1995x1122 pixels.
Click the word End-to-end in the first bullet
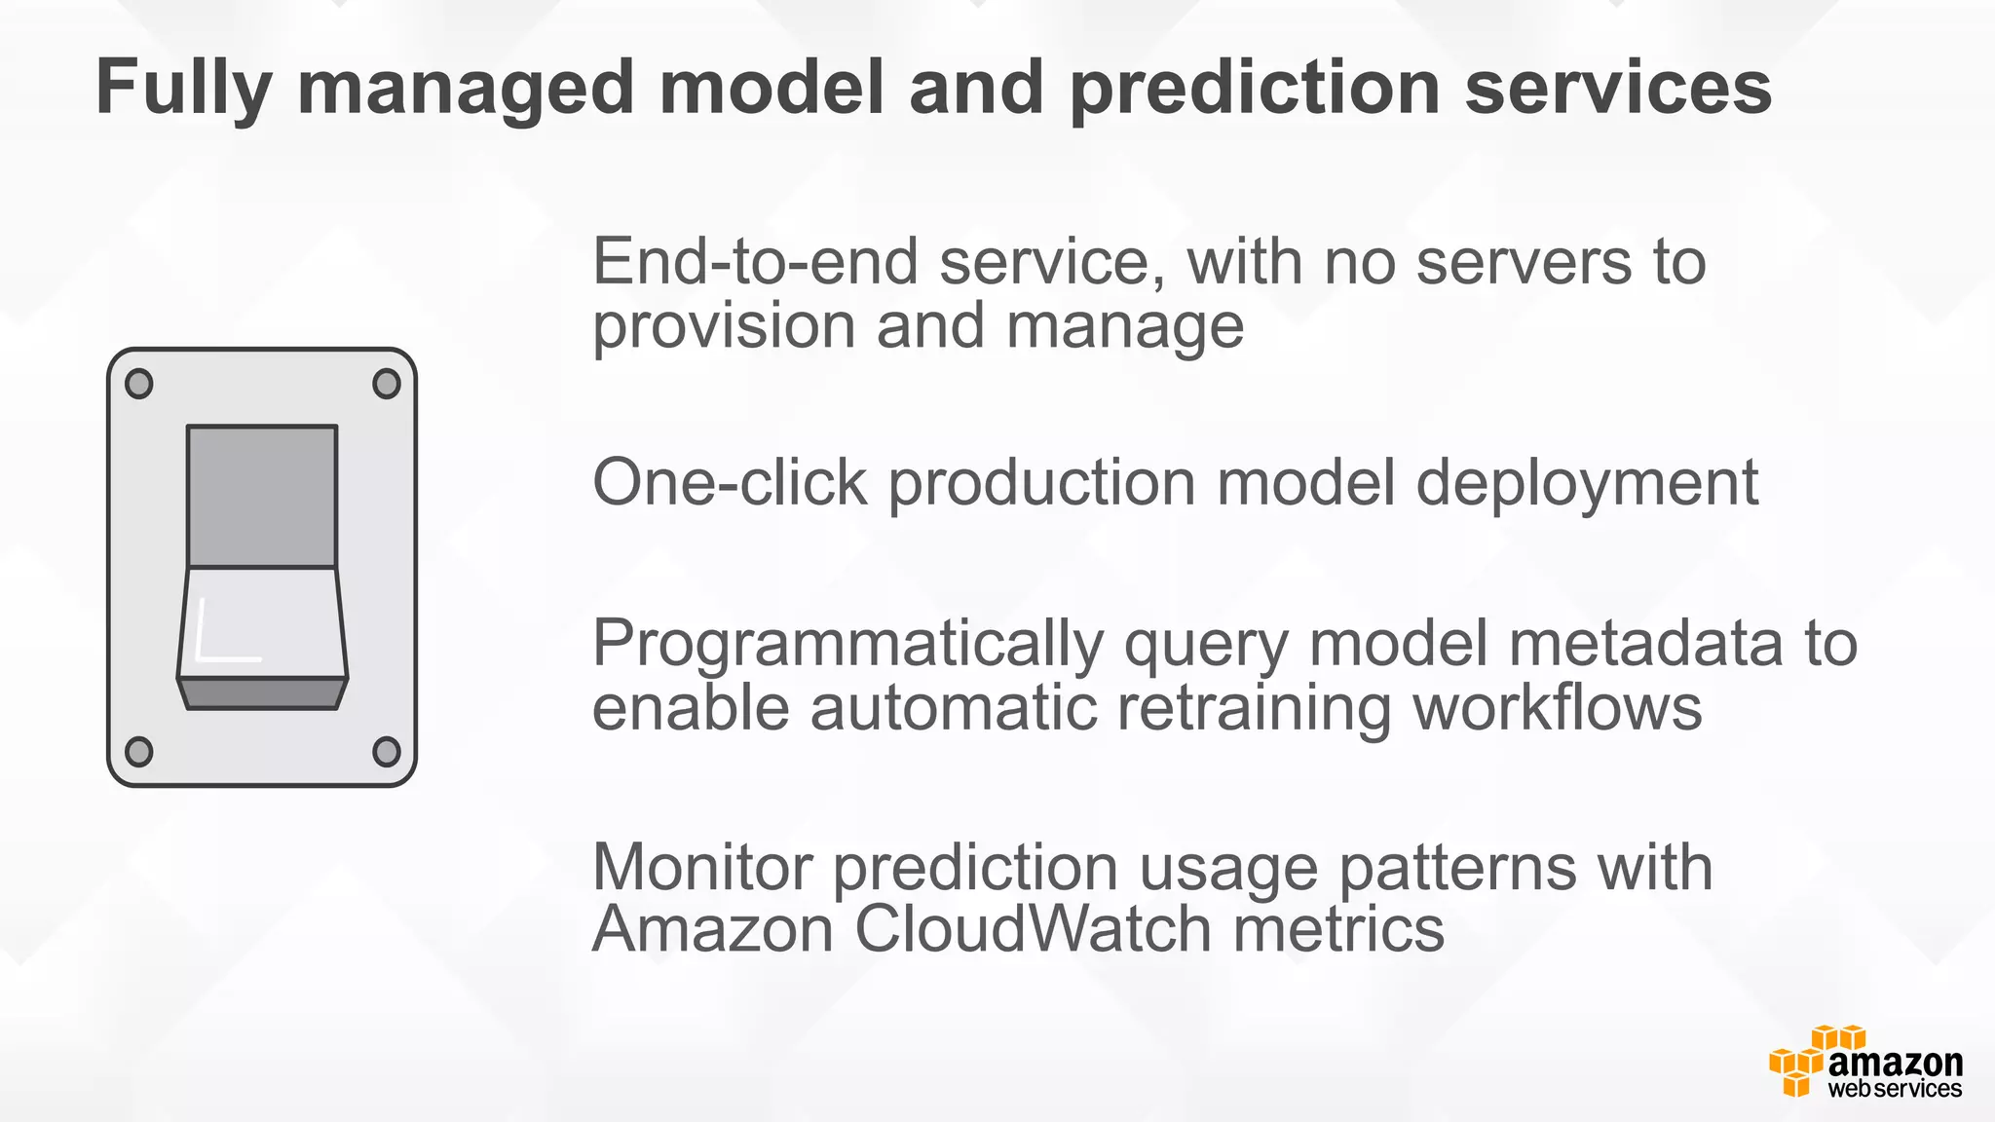tap(755, 262)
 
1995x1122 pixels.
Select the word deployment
tap(1587, 484)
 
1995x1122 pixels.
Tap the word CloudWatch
tap(1033, 929)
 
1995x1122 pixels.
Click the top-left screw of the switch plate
tap(139, 384)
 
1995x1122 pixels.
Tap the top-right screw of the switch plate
tap(387, 384)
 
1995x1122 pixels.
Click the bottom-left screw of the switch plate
tap(139, 752)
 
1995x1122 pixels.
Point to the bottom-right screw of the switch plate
tap(387, 752)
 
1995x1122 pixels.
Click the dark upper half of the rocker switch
tap(262, 496)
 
